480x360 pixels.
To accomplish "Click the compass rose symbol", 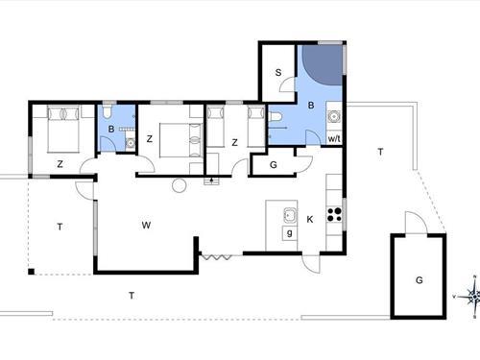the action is click(473, 297).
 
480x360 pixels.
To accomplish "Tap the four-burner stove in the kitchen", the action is click(334, 215).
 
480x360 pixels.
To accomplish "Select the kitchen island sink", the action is click(290, 216).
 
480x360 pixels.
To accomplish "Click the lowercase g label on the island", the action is click(290, 233).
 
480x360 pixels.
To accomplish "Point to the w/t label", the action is click(334, 139).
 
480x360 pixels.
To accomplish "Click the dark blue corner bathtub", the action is click(323, 65).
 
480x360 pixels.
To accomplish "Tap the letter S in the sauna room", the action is click(278, 73).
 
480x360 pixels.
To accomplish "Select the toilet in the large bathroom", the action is click(275, 116).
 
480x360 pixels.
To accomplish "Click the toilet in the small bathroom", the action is click(108, 111).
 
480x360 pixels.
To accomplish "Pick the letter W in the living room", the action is click(146, 226).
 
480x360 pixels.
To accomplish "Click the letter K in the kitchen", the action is click(310, 219).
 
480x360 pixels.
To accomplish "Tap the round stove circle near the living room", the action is click(179, 185).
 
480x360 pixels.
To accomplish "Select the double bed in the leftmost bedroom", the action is click(63, 129).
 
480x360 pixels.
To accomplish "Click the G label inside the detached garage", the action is click(420, 280).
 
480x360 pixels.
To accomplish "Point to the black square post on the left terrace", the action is click(31, 272).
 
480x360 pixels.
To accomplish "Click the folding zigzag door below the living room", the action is click(215, 256).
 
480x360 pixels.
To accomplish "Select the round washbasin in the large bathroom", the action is click(334, 116).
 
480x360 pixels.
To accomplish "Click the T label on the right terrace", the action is click(380, 152).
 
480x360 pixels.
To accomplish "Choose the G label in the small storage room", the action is click(274, 165).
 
